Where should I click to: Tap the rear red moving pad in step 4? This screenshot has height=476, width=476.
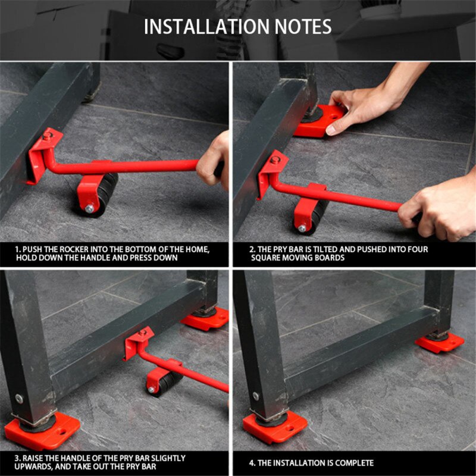click(440, 343)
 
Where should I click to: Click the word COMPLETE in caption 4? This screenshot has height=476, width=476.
click(353, 463)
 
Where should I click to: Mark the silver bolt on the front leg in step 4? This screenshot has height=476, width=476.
click(255, 396)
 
